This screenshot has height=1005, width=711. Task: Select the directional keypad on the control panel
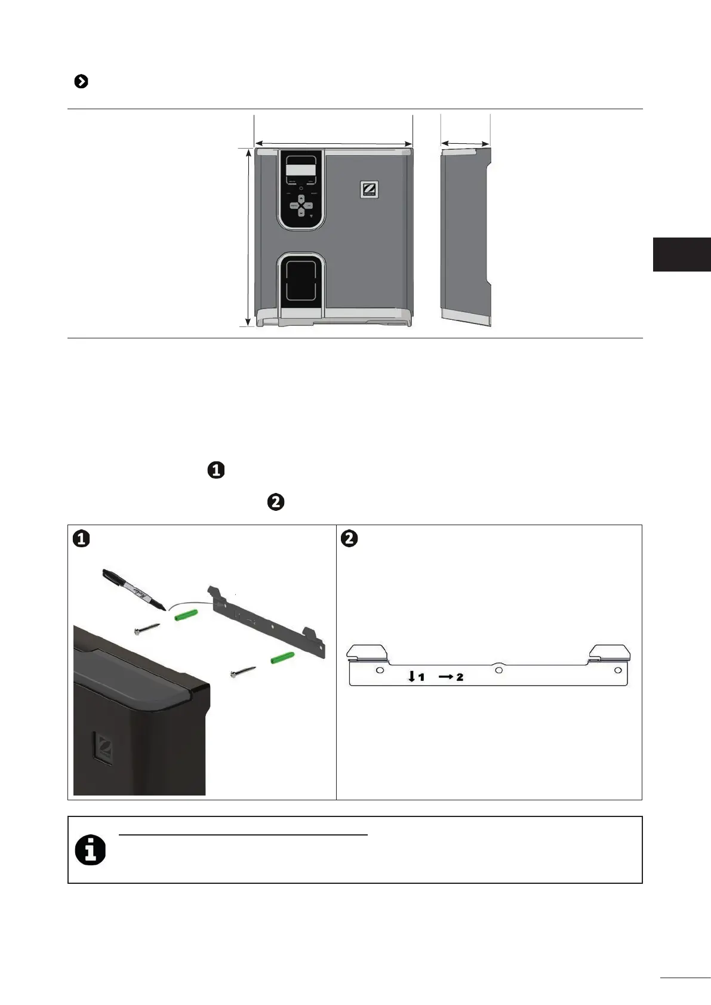(301, 205)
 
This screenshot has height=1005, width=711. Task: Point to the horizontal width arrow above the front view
(333, 143)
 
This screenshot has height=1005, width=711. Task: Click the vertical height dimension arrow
(248, 238)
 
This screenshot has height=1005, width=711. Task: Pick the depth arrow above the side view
(465, 143)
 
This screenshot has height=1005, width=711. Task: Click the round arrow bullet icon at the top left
(81, 82)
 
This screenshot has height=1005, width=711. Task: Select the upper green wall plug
(186, 615)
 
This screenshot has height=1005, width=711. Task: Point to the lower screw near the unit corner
(244, 671)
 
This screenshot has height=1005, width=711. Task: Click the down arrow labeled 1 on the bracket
(411, 676)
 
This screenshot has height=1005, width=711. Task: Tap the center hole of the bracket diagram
(499, 670)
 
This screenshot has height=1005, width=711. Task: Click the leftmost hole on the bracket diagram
(380, 670)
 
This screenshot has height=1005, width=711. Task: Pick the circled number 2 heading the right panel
(349, 538)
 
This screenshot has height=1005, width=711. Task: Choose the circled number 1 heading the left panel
(81, 538)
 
